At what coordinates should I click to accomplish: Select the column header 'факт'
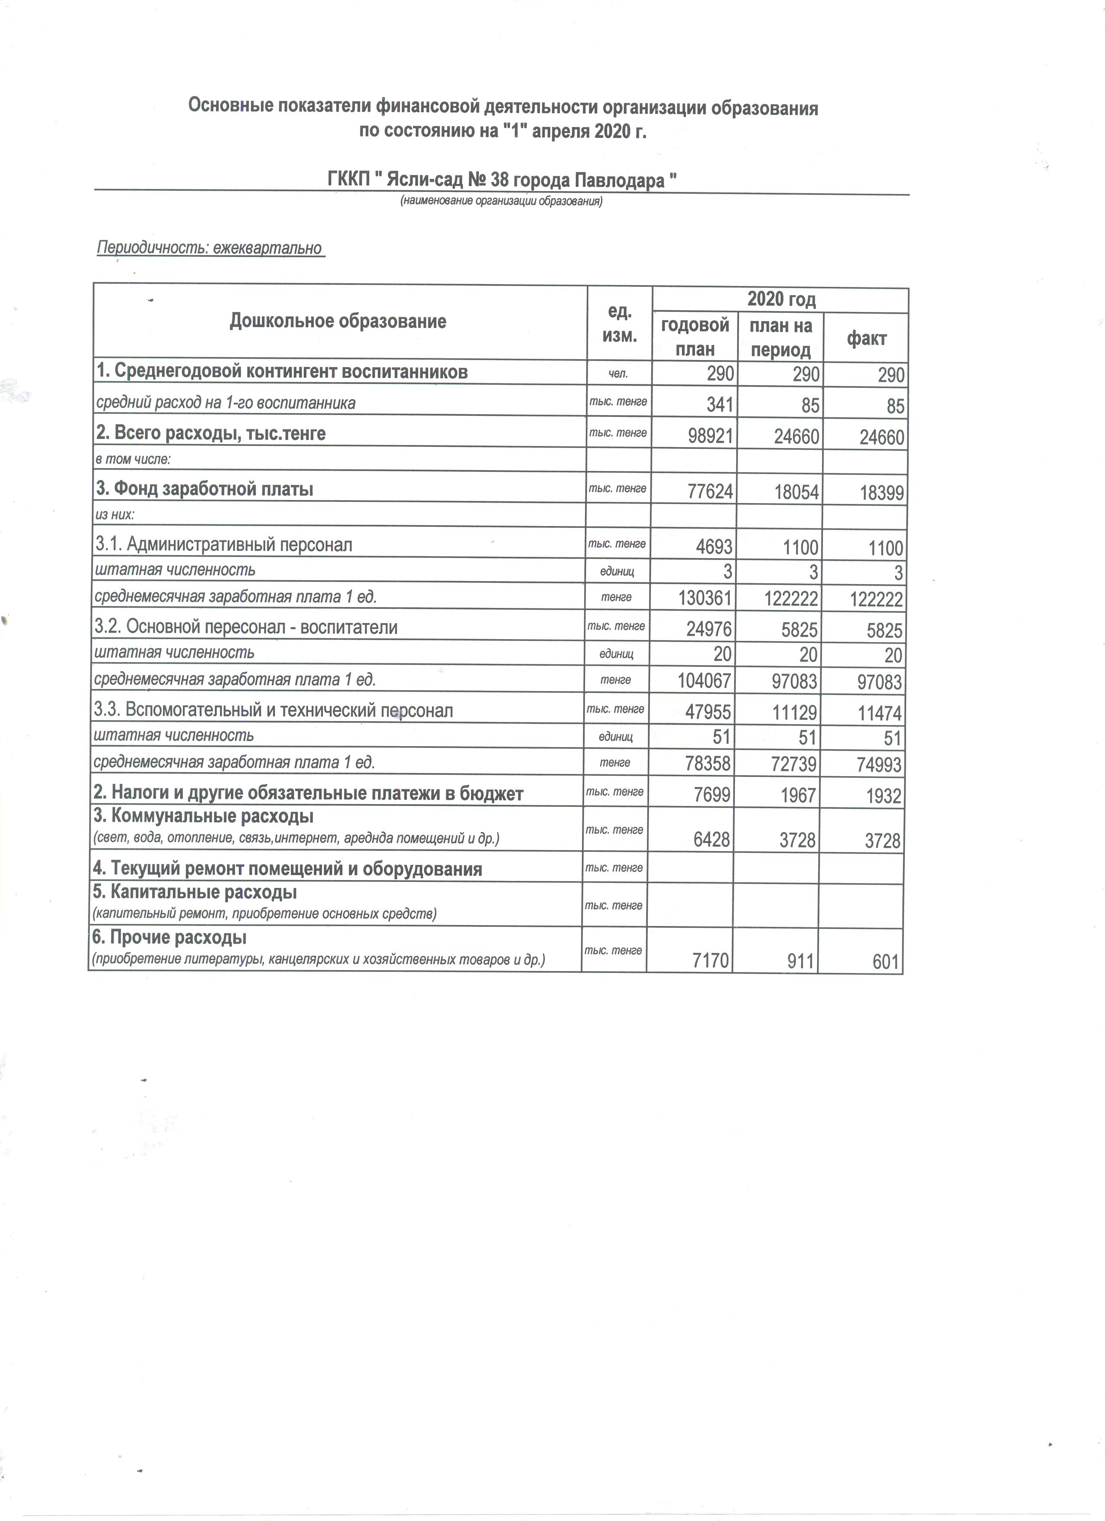(866, 339)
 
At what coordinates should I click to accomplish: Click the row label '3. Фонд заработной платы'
(205, 489)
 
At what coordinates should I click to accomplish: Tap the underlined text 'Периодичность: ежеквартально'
(210, 248)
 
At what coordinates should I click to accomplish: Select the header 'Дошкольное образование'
(338, 321)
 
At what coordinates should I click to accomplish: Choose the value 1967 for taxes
(797, 795)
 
